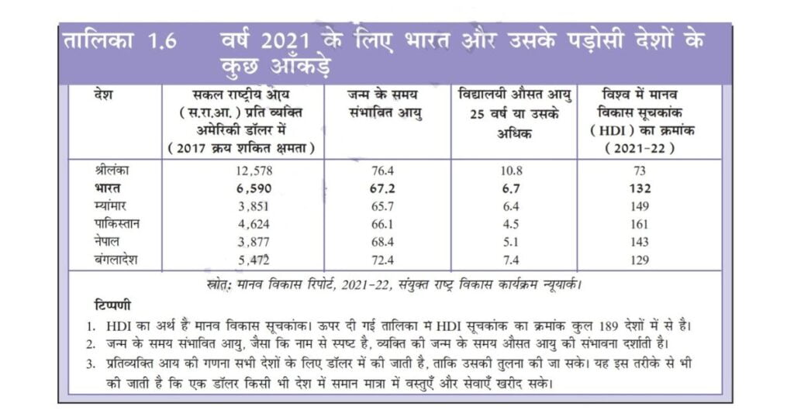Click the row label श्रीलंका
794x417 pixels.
112,170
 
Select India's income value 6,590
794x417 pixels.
254,189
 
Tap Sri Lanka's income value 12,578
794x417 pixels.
254,171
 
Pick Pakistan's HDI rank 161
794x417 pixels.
640,224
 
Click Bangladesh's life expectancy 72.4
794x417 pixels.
382,260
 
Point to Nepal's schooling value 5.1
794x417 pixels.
511,243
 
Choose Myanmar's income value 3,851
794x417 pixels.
254,206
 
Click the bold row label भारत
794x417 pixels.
107,188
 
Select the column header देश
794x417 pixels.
103,95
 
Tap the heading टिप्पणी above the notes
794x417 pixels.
112,305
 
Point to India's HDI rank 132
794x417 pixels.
640,189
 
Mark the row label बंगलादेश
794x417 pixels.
116,260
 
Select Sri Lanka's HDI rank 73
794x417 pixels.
640,171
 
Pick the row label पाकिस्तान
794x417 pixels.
117,224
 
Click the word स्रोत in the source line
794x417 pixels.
218,285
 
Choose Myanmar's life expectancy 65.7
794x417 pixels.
382,206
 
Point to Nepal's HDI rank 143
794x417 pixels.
640,243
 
